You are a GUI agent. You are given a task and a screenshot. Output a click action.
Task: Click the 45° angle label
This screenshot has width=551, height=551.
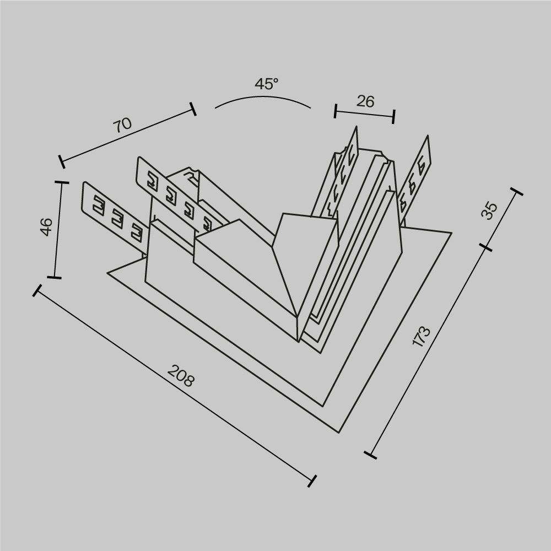(x=267, y=84)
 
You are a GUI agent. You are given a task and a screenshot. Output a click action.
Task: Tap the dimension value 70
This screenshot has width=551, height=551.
(x=123, y=125)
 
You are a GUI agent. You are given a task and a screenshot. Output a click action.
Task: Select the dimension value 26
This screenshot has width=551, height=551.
(x=365, y=101)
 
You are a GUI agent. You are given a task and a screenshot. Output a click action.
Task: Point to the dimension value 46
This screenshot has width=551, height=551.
(x=47, y=226)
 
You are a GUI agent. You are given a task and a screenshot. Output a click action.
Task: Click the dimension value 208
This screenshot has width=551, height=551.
(x=181, y=377)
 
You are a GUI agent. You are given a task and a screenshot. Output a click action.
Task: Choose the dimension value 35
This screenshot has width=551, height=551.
(x=489, y=211)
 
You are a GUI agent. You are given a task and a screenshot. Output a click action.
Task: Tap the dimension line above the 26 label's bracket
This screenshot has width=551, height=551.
(x=365, y=114)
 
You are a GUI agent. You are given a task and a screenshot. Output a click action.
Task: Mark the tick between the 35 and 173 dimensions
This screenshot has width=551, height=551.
(x=487, y=248)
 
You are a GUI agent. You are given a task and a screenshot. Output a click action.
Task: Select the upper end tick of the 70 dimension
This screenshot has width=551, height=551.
(x=192, y=109)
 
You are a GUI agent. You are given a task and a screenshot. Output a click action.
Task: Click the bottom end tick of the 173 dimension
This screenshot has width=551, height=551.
(x=371, y=455)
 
